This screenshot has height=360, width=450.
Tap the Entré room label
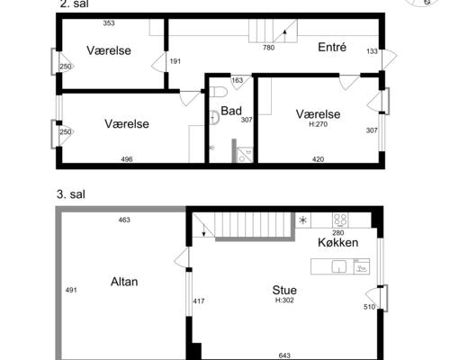[332, 48]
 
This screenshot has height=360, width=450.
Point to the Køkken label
[338, 243]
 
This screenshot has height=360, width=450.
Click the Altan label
[123, 281]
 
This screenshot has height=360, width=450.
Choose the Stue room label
[287, 290]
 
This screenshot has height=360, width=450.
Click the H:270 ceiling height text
[318, 124]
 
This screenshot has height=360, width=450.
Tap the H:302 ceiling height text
[287, 300]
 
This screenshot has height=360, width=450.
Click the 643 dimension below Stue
[284, 355]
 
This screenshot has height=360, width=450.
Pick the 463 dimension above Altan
[124, 220]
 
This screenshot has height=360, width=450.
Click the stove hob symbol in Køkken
[341, 219]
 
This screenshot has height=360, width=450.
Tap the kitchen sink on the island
[339, 265]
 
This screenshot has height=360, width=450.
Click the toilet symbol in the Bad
[216, 114]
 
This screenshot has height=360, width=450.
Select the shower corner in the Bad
[243, 152]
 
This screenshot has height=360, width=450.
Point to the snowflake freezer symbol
[302, 219]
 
